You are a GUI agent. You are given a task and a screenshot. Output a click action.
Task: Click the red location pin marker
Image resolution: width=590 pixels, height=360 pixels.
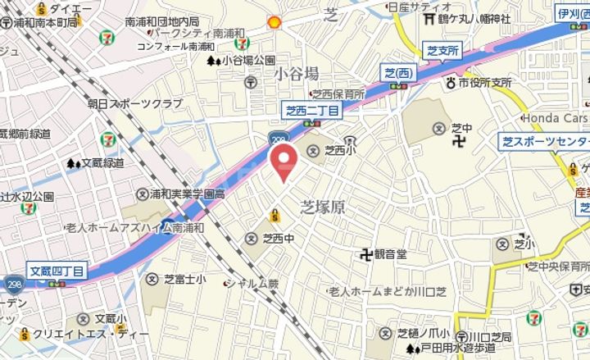click(284, 161)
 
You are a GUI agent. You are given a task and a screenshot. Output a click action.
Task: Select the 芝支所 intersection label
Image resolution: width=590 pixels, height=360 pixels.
click(442, 51)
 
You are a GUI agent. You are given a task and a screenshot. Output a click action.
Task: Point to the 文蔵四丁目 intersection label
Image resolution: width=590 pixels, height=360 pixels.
click(57, 270)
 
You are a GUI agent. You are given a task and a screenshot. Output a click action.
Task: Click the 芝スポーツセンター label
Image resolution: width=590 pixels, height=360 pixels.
click(544, 142)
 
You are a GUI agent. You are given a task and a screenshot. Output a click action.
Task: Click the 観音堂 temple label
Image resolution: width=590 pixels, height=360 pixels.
click(390, 254)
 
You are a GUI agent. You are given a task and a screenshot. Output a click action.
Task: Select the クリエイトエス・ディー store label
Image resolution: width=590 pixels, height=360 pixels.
click(86, 333)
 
